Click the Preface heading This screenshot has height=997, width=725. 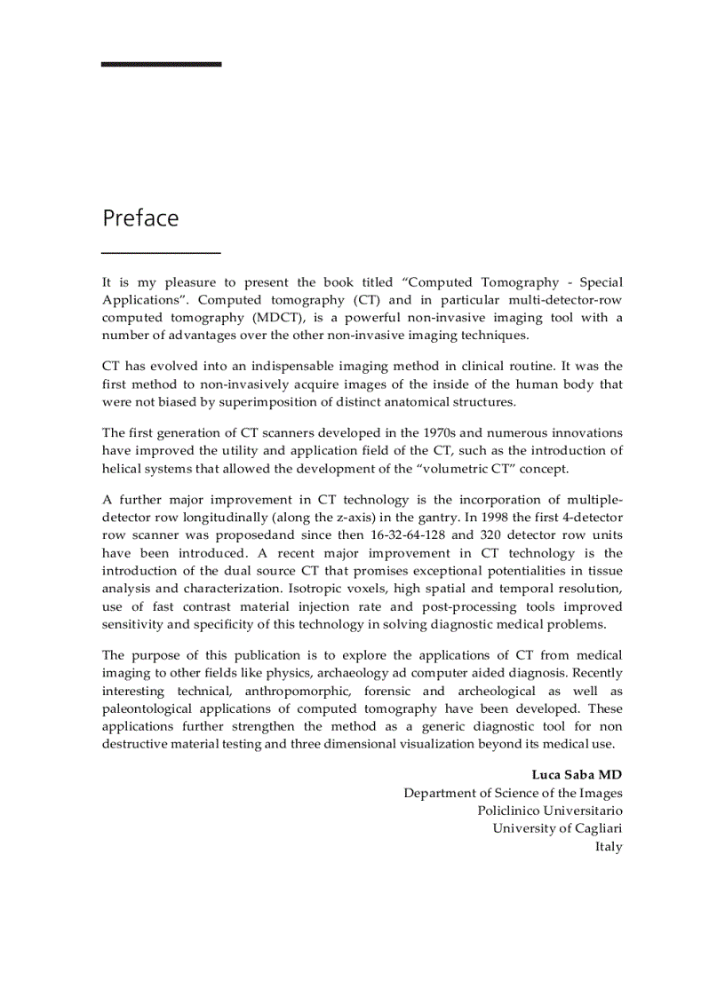140,218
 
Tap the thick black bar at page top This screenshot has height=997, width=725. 161,64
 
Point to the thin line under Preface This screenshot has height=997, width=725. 161,254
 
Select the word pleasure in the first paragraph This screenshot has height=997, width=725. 189,282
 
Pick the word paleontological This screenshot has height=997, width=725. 155,708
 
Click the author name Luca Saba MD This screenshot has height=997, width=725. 577,775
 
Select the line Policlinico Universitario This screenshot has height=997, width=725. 549,811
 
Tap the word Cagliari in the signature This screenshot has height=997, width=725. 594,828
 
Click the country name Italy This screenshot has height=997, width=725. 609,846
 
